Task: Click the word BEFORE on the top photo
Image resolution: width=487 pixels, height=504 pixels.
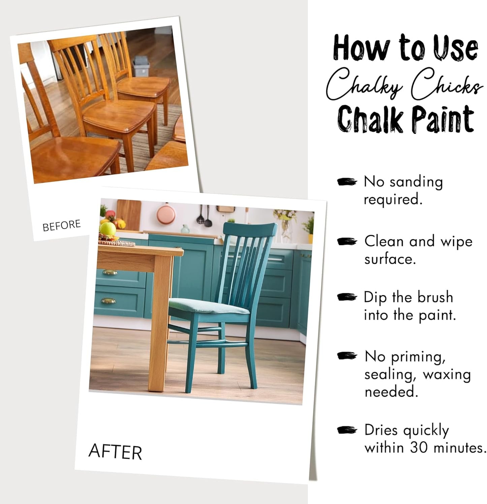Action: (x=62, y=225)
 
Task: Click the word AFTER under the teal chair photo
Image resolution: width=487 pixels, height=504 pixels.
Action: (x=115, y=452)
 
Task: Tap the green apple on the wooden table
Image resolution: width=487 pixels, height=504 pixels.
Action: (x=108, y=229)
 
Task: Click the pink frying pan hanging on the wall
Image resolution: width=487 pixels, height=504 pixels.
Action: (x=165, y=214)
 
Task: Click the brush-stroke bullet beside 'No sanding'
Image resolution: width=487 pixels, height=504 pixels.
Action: (x=347, y=182)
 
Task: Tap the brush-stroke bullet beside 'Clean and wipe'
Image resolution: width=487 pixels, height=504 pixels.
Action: (x=347, y=242)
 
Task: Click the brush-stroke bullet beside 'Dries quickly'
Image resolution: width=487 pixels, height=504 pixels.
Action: (x=347, y=430)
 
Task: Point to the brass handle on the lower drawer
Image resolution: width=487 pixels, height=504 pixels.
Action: (x=108, y=301)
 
